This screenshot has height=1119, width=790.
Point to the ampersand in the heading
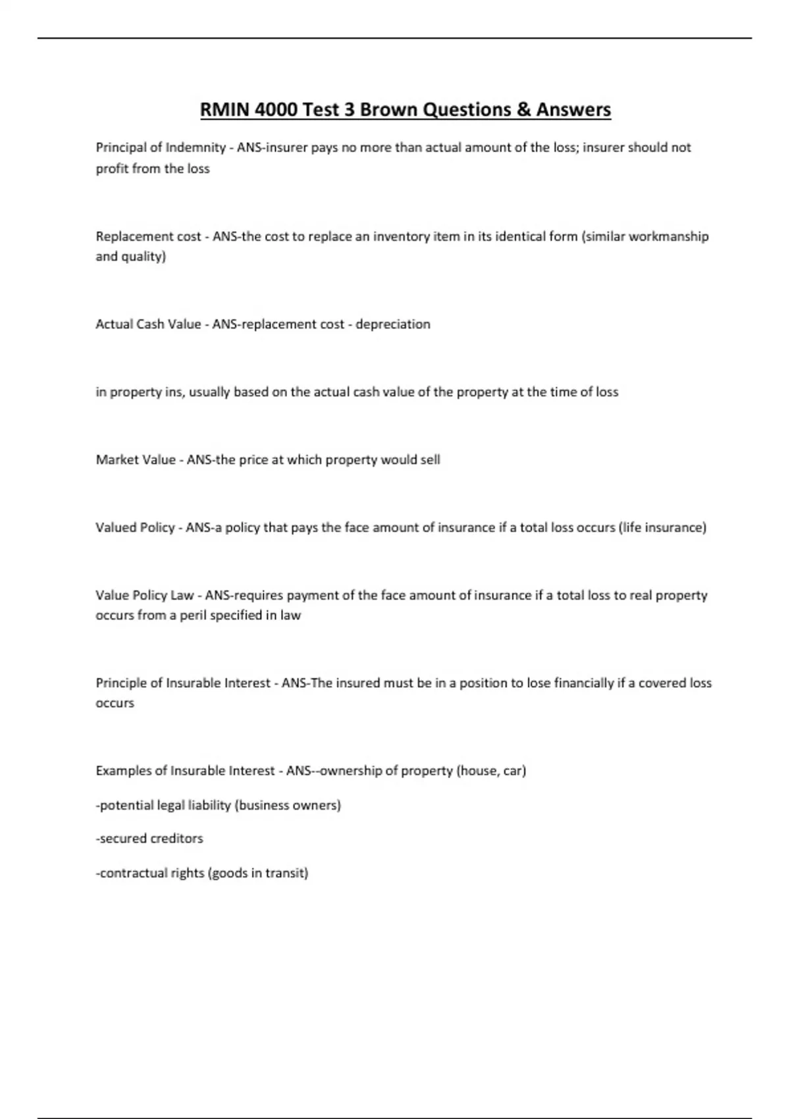pos(523,109)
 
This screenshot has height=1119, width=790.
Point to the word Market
pos(116,459)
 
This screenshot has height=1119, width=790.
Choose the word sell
pos(430,459)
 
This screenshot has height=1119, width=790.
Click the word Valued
pos(116,527)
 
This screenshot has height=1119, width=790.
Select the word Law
pos(182,595)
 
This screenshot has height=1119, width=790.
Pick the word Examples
pos(123,771)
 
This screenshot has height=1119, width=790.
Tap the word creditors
pos(176,839)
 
